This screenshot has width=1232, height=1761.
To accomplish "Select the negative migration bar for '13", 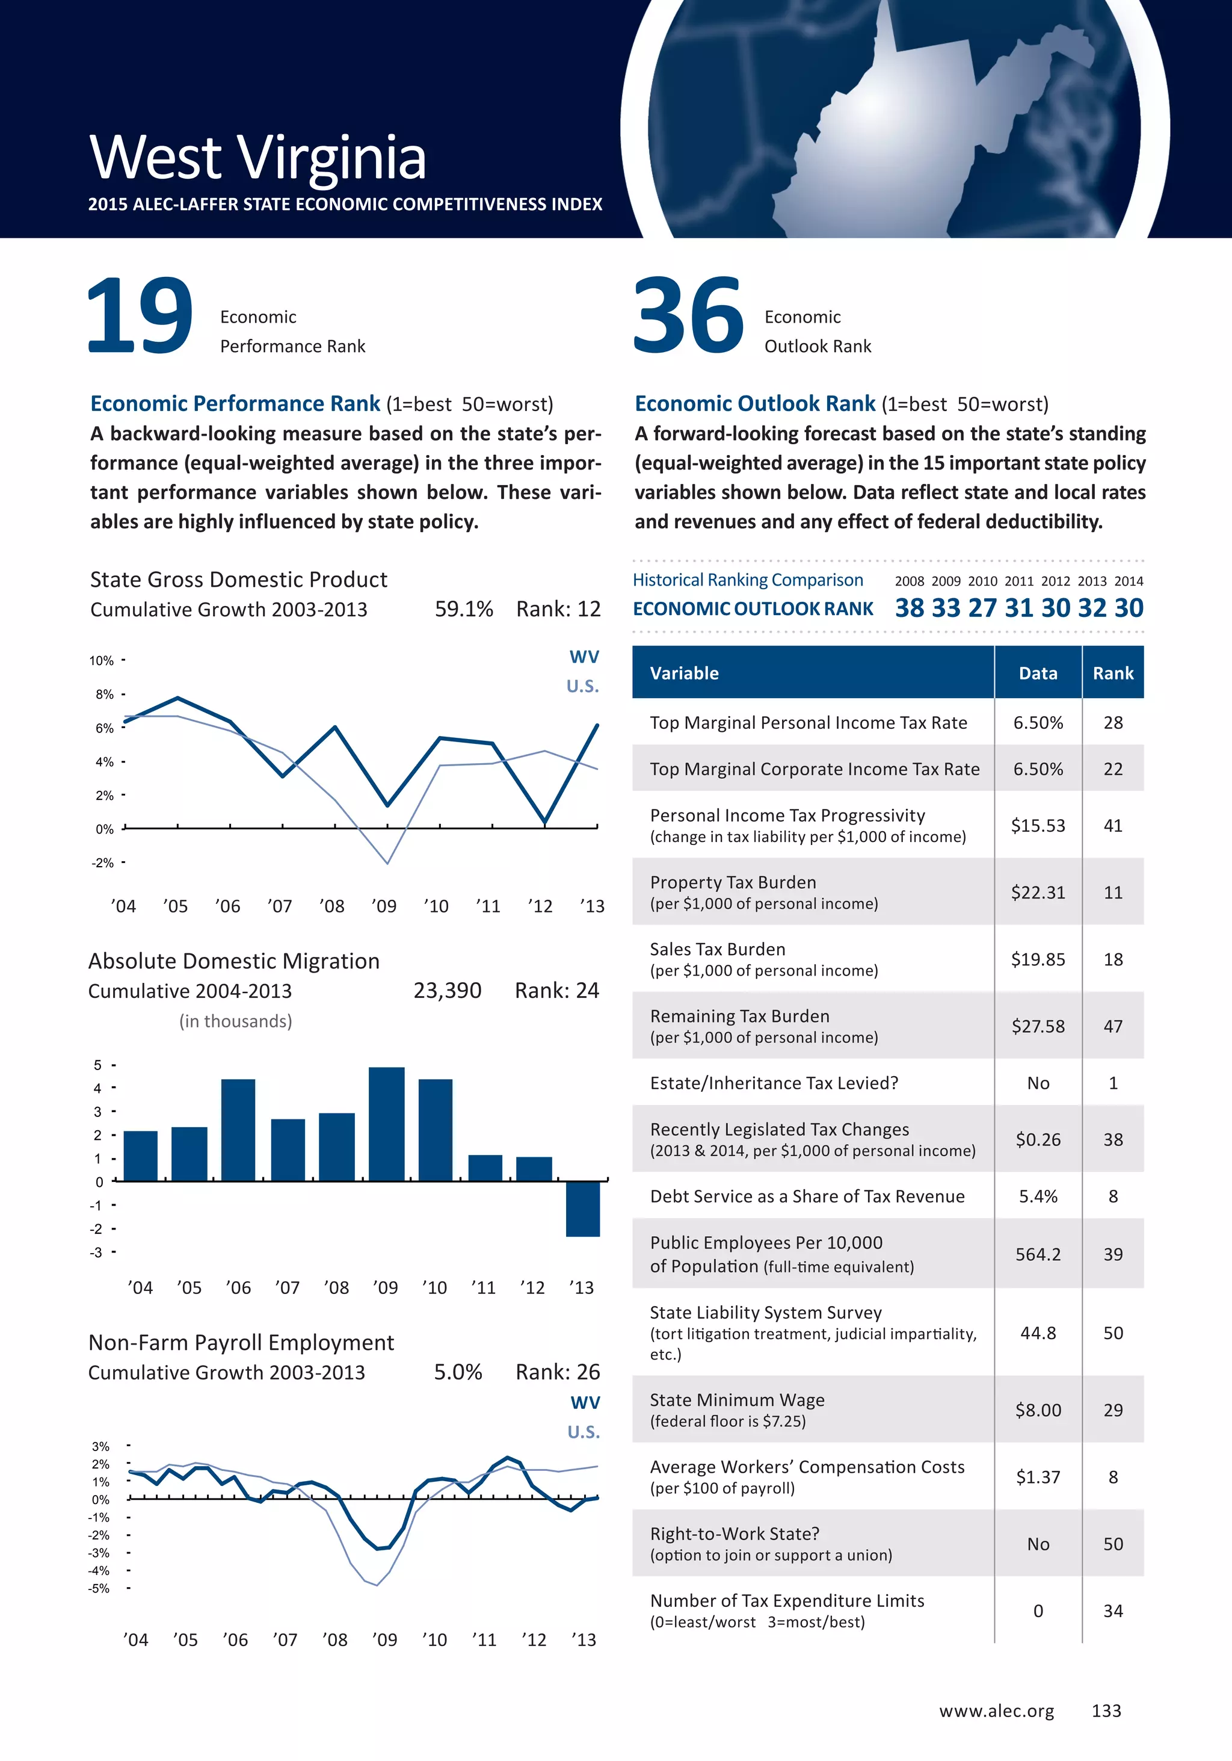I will pos(583,1208).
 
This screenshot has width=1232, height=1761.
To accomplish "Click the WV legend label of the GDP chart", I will pos(584,657).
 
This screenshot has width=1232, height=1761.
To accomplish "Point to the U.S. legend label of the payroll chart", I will pos(584,1432).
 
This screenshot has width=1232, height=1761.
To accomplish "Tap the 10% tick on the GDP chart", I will pos(101,660).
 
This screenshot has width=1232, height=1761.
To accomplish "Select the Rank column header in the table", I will pos(1112,673).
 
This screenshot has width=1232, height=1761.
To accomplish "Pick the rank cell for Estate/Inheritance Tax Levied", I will pos(1112,1083).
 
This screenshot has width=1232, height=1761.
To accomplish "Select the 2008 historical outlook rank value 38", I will pos(909,608).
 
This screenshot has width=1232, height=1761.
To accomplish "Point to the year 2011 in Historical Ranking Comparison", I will pos(1019,581).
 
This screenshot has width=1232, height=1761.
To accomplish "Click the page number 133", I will pos(1106,1710).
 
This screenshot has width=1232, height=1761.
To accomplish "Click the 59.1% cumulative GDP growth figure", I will pos(464,609).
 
